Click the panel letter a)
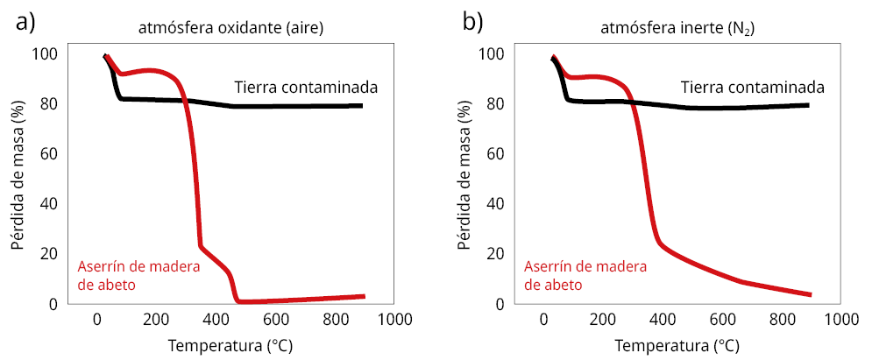(x=25, y=23)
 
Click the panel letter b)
(x=473, y=23)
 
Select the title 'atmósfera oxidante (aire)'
(x=231, y=29)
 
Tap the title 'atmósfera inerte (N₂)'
(x=677, y=29)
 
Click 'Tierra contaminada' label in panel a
(x=306, y=88)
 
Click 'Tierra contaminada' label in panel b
(x=753, y=88)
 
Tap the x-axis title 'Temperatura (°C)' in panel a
(x=230, y=345)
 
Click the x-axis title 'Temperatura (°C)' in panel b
(x=677, y=345)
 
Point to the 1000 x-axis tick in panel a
(x=393, y=321)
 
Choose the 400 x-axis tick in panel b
(x=663, y=321)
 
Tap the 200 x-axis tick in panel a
(x=157, y=321)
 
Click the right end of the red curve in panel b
(x=810, y=294)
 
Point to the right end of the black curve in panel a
(x=361, y=106)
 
